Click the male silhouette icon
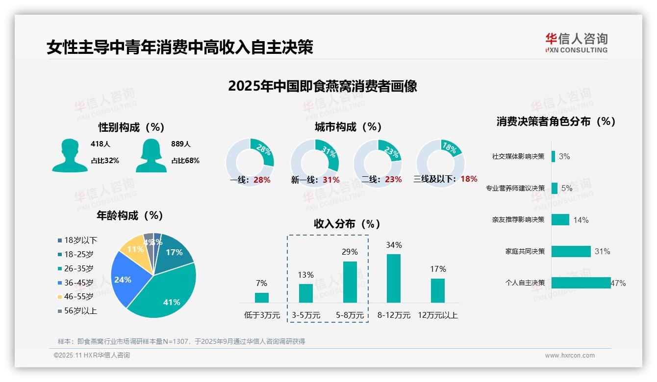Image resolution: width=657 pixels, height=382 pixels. click(70, 155)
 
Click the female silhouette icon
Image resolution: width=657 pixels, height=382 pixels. click(151, 155)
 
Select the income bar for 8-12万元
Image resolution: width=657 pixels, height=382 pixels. click(393, 278)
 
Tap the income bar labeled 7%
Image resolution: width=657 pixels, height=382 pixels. click(261, 298)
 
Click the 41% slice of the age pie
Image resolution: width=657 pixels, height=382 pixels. click(167, 294)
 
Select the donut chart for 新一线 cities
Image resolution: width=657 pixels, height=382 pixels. click(314, 163)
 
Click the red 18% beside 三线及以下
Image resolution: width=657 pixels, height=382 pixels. click(469, 179)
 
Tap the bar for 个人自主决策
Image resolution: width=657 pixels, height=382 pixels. click(581, 283)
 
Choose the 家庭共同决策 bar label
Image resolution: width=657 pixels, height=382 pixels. click(525, 251)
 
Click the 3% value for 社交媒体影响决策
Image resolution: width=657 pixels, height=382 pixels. click(564, 156)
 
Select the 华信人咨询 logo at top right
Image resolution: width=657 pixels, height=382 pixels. click(576, 43)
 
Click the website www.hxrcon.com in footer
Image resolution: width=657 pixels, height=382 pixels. click(570, 356)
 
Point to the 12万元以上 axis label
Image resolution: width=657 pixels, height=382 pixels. click(437, 315)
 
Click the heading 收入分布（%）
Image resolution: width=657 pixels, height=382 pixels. click(347, 224)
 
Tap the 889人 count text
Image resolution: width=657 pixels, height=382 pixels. click(181, 144)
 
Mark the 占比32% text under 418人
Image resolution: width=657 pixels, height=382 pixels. click(104, 160)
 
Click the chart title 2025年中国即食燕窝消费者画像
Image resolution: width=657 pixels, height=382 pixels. click(322, 86)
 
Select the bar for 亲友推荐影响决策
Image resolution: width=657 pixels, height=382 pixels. click(560, 219)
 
